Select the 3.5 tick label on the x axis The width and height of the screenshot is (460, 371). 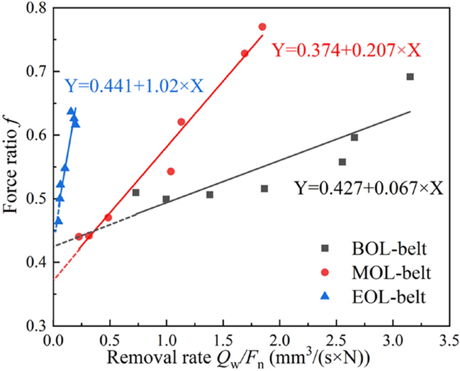pyautogui.click(x=449, y=342)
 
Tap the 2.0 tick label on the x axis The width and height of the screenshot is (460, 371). pyautogui.click(x=279, y=342)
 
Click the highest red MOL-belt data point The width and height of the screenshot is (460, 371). pyautogui.click(x=262, y=27)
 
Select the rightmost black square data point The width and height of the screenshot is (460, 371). pyautogui.click(x=410, y=77)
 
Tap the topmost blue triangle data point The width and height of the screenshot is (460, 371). pyautogui.click(x=71, y=111)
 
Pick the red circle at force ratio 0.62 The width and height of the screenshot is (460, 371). pyautogui.click(x=181, y=121)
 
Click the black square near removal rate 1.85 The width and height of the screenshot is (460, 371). pyautogui.click(x=264, y=188)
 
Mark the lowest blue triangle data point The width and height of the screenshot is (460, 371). pyautogui.click(x=58, y=221)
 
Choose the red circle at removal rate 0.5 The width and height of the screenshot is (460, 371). pyautogui.click(x=108, y=217)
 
